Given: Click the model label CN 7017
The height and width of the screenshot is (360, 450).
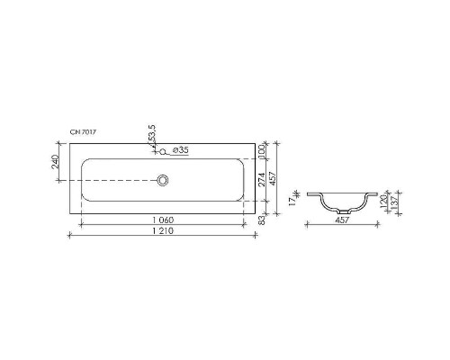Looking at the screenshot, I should point(84,132).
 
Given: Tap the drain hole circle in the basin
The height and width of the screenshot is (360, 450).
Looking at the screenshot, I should point(163,180).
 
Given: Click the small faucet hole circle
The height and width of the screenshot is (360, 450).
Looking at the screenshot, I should point(163,150).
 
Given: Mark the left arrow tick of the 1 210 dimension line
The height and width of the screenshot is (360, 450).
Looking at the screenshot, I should point(70,236).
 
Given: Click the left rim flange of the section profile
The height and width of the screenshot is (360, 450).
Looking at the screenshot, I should point(312,194).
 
